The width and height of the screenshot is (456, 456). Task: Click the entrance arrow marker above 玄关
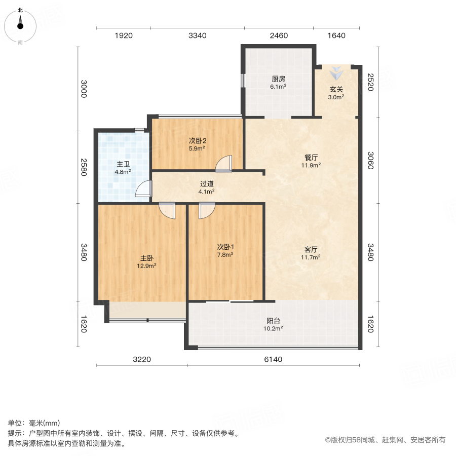[x=336, y=72]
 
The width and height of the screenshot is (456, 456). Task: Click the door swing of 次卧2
[x=223, y=164]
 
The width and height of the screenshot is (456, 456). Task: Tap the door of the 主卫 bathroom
[x=144, y=188]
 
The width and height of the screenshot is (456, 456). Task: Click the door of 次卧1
[x=207, y=210]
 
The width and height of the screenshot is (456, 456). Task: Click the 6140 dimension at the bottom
[x=273, y=360]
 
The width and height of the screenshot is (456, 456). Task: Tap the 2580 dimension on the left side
[x=84, y=167]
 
